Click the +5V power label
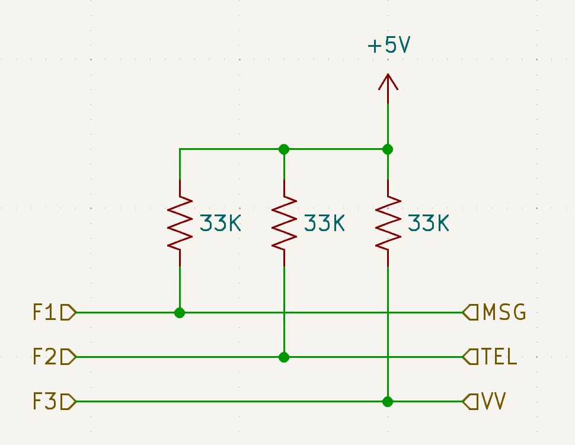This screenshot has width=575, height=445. pos(388,46)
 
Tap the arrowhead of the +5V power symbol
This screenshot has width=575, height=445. pos(388,82)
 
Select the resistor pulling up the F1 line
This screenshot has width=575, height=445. pos(180,223)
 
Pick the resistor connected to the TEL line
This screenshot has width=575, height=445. pos(284,223)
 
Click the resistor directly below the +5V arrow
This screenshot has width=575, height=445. pos(388,223)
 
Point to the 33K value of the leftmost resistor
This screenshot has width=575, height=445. pos(220,223)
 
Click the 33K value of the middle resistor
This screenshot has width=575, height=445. pos(324,223)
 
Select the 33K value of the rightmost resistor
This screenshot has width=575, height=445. pos(429,223)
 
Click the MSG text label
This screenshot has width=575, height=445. pos(504,312)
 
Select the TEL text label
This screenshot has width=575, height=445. pos(500,357)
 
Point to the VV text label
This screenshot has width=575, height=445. pos(494,402)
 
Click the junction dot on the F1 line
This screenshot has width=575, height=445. pos(180,312)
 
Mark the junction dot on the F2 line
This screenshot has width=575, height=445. pos(284,357)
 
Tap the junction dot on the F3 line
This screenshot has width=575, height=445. pos(388,402)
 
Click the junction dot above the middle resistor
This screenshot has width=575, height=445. pos(284,149)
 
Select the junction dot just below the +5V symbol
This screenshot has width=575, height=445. pos(388,149)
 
